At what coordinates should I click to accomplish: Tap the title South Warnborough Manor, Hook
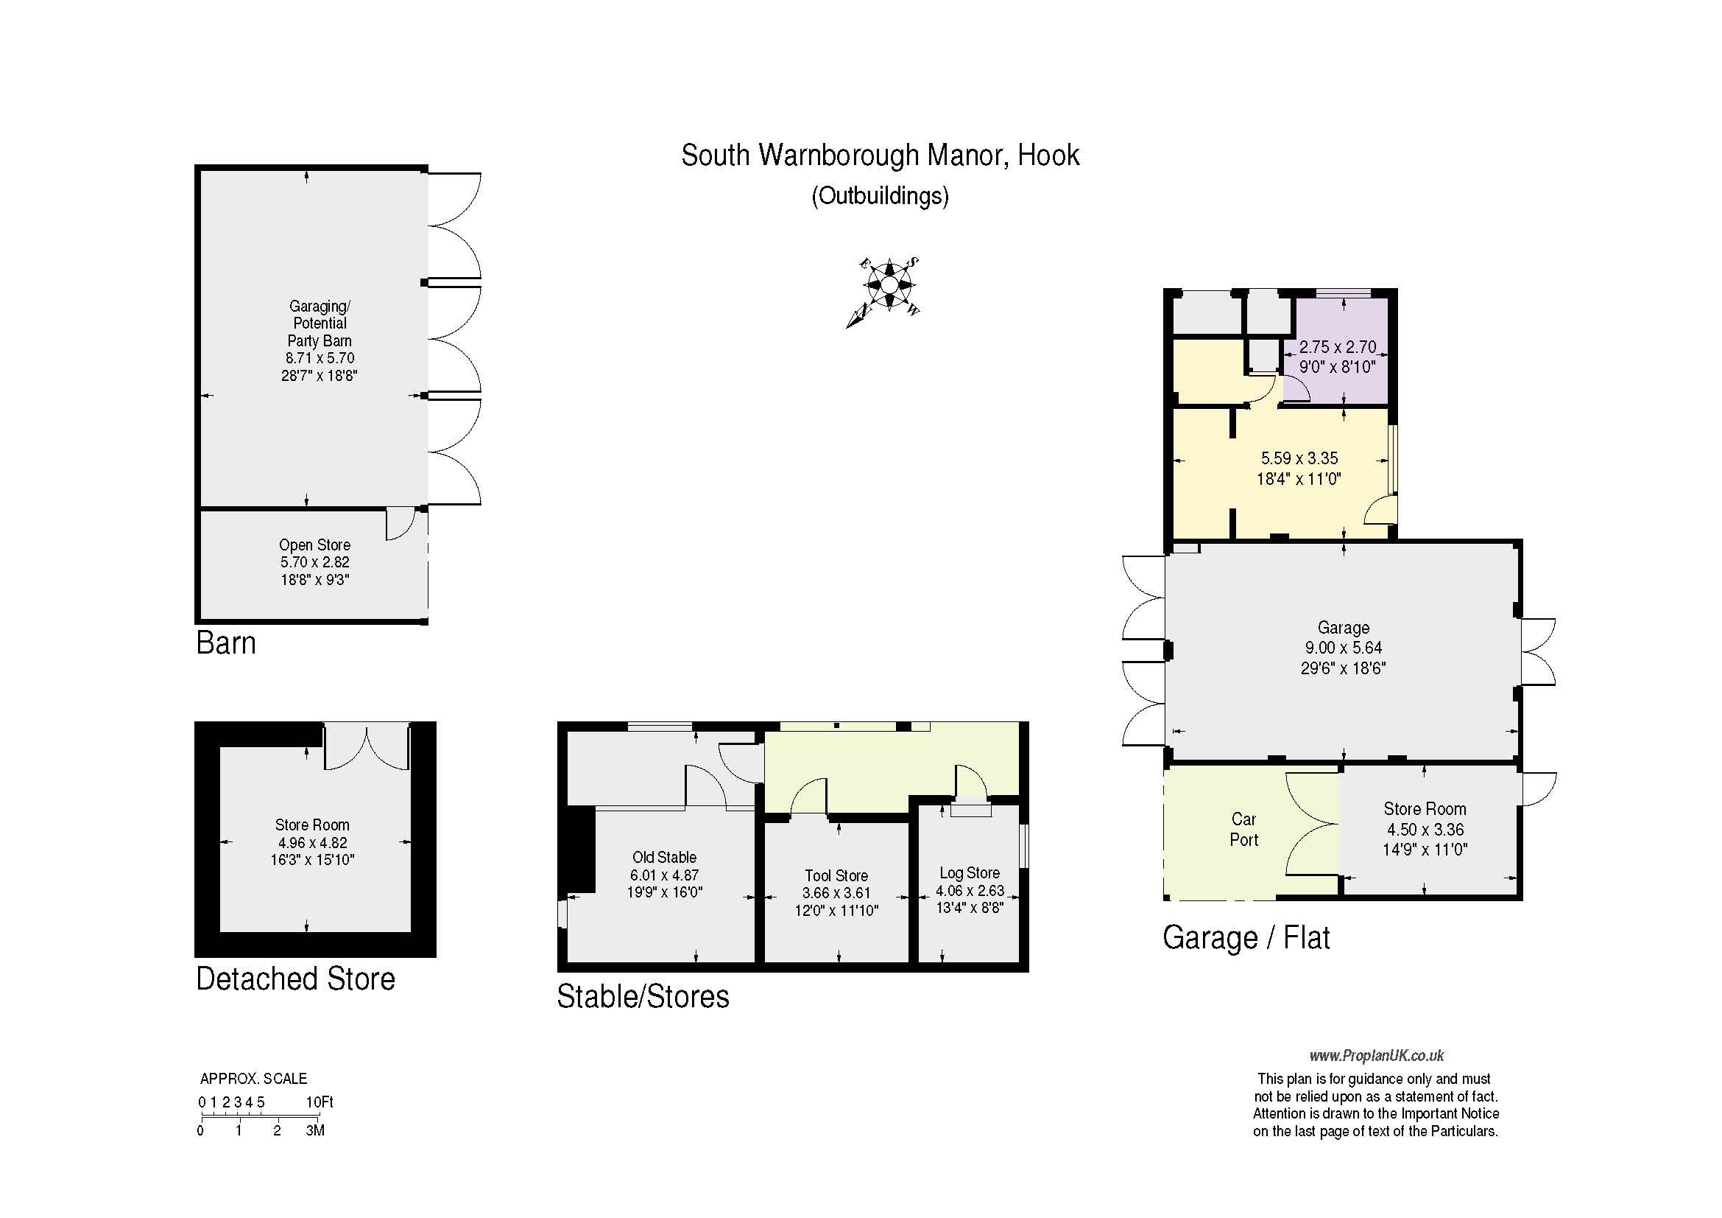880,155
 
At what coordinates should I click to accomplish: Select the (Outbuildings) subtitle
880,196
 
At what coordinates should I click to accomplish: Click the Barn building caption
226,643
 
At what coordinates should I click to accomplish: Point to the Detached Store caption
295,979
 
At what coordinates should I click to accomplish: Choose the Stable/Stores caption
643,997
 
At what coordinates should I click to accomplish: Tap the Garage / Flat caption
1246,938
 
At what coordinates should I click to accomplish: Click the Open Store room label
314,545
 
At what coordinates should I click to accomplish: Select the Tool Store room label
836,876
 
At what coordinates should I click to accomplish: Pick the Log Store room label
970,872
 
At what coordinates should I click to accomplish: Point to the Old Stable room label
665,857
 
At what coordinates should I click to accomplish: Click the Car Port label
1243,829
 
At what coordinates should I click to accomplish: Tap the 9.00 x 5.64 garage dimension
1344,648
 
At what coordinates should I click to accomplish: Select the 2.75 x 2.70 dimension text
1338,347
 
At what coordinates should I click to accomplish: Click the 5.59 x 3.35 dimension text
1299,458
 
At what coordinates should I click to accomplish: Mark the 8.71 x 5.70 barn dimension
320,358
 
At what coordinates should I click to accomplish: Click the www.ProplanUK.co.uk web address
1377,1056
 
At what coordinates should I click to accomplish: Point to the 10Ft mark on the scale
320,1102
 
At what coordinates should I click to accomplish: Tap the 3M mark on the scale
315,1130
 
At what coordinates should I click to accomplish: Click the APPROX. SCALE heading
253,1079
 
